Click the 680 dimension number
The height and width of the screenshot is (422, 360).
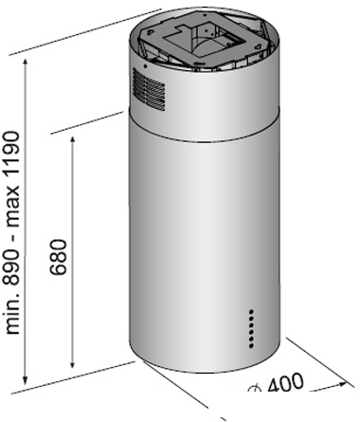point(59,257)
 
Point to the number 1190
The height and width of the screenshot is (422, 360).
point(13,157)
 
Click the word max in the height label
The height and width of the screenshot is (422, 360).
point(13,209)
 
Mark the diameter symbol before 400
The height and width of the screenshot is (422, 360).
point(255,388)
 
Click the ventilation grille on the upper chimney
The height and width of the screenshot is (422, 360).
point(149,90)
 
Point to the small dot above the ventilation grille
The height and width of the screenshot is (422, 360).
point(145,66)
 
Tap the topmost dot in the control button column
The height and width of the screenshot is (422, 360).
point(252,311)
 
